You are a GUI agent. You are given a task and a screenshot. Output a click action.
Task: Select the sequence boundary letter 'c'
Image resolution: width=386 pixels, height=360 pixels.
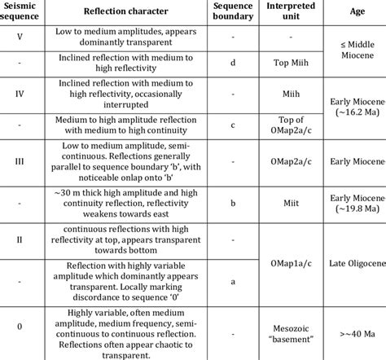[x=232, y=125]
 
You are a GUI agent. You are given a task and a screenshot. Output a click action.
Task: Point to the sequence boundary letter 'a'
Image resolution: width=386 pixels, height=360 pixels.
[x=232, y=279]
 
